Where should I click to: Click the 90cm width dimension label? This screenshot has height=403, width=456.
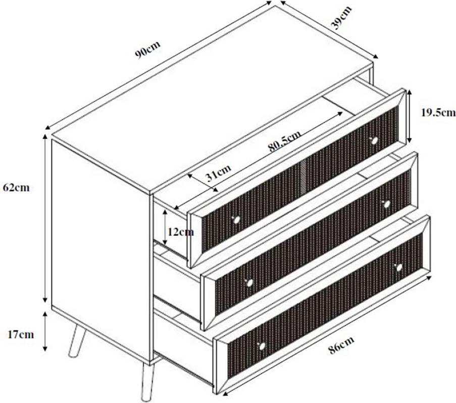click(148, 49)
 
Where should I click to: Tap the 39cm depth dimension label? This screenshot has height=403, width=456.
click(342, 18)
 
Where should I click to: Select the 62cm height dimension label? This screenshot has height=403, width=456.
click(16, 188)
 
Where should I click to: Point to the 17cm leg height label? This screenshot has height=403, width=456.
click(21, 334)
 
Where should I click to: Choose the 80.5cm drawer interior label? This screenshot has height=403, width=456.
click(284, 141)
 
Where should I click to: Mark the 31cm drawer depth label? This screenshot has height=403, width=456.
click(218, 172)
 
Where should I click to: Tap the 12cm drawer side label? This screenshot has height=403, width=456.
click(181, 232)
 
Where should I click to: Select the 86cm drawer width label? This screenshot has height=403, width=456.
click(342, 345)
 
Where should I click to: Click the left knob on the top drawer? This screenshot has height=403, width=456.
click(236, 220)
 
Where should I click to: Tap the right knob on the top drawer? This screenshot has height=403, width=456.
click(374, 141)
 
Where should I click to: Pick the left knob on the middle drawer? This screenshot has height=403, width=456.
click(248, 282)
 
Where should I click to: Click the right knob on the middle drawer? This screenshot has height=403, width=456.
click(386, 204)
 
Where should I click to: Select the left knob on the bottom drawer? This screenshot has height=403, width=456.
click(262, 346)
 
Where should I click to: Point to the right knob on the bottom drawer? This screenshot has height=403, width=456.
click(399, 267)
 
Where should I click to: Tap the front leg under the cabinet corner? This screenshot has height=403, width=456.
click(148, 381)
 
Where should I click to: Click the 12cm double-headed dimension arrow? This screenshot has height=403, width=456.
click(165, 227)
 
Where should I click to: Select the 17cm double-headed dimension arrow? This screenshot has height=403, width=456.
click(45, 331)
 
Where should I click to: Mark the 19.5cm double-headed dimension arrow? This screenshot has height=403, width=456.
click(409, 116)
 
